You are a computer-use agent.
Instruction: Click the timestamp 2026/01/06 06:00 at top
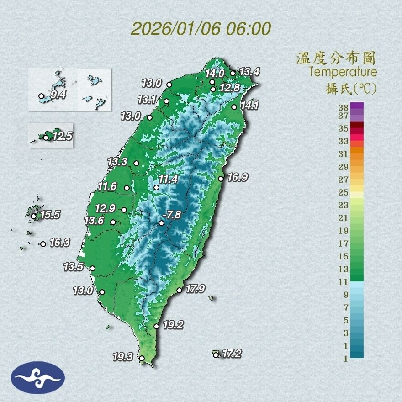(x=201, y=28)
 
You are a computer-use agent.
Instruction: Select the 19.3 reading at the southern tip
(x=122, y=356)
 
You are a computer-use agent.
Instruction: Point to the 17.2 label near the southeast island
(x=231, y=353)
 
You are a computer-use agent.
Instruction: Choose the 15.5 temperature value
(x=50, y=214)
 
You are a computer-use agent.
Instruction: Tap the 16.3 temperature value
(x=59, y=243)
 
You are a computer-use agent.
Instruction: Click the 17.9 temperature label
(x=194, y=288)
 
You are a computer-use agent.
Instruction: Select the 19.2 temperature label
(x=173, y=325)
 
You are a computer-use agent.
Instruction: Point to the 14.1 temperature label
(x=249, y=106)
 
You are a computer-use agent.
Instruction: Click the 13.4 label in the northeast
(x=249, y=71)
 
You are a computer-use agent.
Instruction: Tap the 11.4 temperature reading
(x=168, y=179)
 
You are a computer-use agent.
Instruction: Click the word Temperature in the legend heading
(x=343, y=72)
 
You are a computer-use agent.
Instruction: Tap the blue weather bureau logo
(x=38, y=377)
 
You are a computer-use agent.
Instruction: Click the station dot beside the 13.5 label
(x=93, y=269)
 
